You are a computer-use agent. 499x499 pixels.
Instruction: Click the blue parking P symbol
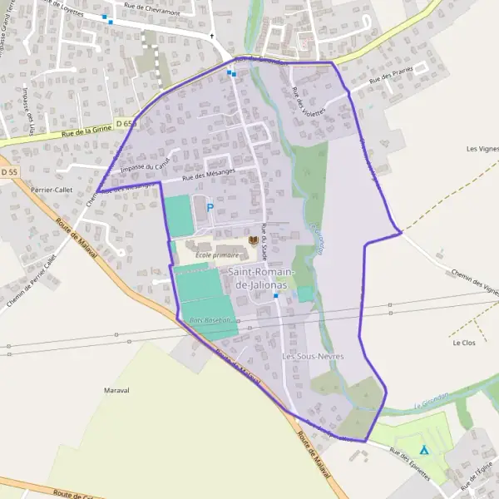click(210, 208)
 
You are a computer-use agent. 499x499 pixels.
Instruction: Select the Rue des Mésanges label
click(209, 175)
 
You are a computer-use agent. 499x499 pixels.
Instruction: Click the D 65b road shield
click(126, 124)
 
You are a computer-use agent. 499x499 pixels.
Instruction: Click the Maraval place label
click(117, 389)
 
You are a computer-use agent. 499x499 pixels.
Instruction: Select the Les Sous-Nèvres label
click(313, 356)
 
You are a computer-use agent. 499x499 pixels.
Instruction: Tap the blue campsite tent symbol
click(423, 450)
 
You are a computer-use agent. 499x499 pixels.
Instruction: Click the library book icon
click(253, 240)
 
